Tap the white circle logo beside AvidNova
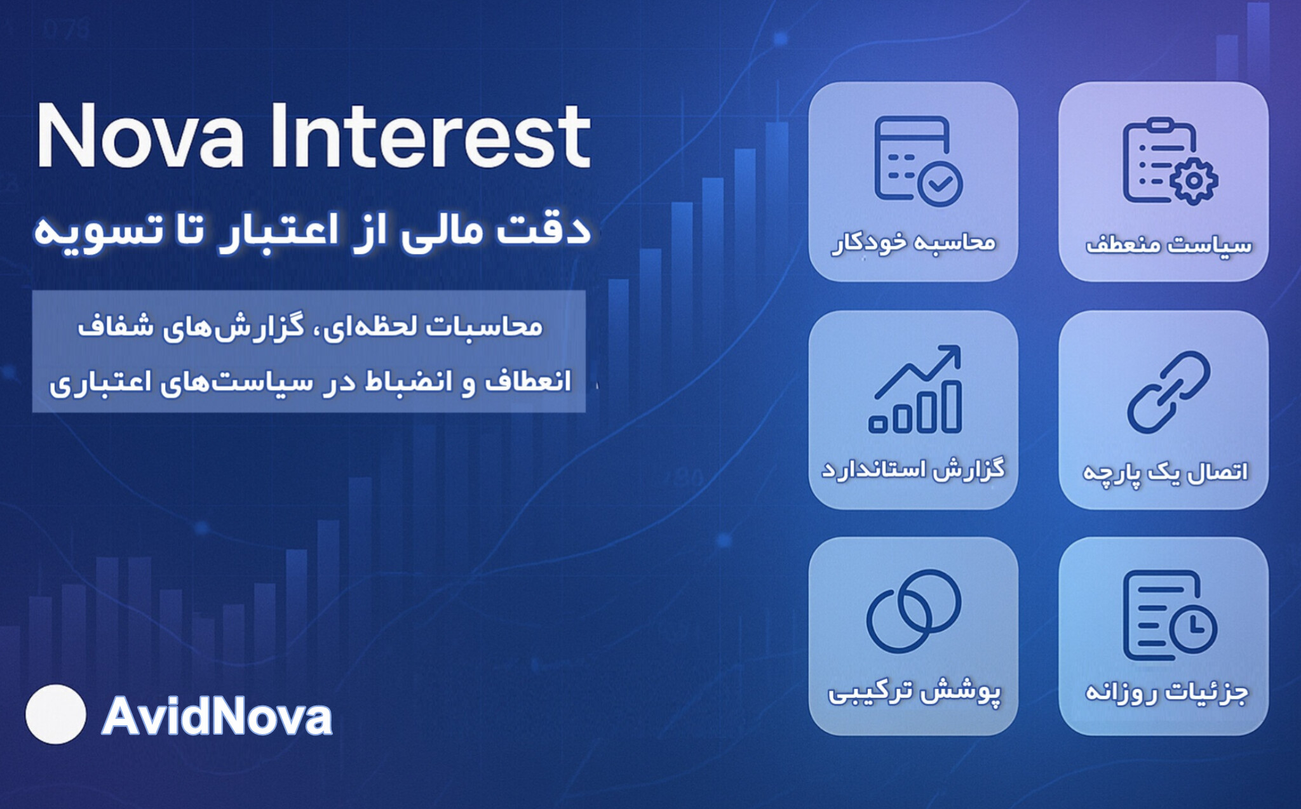coord(56,714)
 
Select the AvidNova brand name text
coord(217,716)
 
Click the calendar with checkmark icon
coord(918,161)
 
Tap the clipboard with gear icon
coord(1170,161)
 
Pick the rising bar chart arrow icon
coord(915,389)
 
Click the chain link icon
coord(1168,392)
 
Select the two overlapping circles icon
coord(913,611)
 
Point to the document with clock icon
coord(1170,615)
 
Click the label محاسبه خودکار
coord(914,243)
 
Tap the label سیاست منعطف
coord(1169,244)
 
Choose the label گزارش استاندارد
coord(913,470)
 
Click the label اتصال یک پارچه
coord(1165,472)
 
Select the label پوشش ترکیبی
coord(914,692)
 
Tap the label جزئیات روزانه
coord(1166,692)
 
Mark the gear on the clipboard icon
coord(1194,180)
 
